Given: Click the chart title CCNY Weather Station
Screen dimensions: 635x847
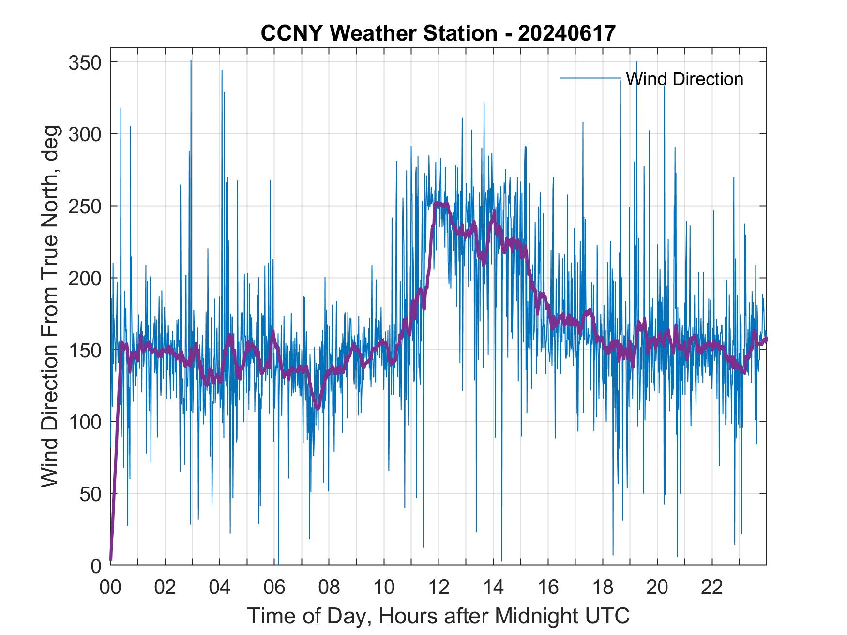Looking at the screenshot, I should [x=438, y=33].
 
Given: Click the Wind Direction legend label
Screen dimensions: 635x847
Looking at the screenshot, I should [x=684, y=79].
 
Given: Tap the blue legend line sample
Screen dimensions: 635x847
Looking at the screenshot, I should [x=590, y=78].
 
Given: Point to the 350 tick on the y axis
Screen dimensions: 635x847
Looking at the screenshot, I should [x=85, y=62].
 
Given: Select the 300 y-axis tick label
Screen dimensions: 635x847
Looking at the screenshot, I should [x=85, y=134].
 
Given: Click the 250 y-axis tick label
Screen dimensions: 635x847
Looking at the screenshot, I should [x=85, y=206].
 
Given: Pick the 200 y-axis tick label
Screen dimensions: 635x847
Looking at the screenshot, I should [x=85, y=278].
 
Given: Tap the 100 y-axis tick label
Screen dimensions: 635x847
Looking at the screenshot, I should [x=85, y=422].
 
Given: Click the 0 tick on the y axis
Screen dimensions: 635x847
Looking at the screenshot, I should [x=97, y=565].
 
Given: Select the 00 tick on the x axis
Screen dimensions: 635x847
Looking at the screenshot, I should [x=110, y=588].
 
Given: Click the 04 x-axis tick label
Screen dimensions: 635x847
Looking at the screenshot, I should [x=220, y=588].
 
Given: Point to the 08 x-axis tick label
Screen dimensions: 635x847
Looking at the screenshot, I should [x=329, y=588].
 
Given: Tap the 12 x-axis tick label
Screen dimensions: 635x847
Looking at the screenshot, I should [x=439, y=588].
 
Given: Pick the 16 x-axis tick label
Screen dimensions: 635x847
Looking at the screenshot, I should [x=548, y=588].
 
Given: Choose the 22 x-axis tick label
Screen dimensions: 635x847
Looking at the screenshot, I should [x=712, y=588].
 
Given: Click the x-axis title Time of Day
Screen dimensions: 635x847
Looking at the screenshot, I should [x=438, y=616].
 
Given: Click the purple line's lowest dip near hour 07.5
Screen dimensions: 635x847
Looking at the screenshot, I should [x=318, y=408].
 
